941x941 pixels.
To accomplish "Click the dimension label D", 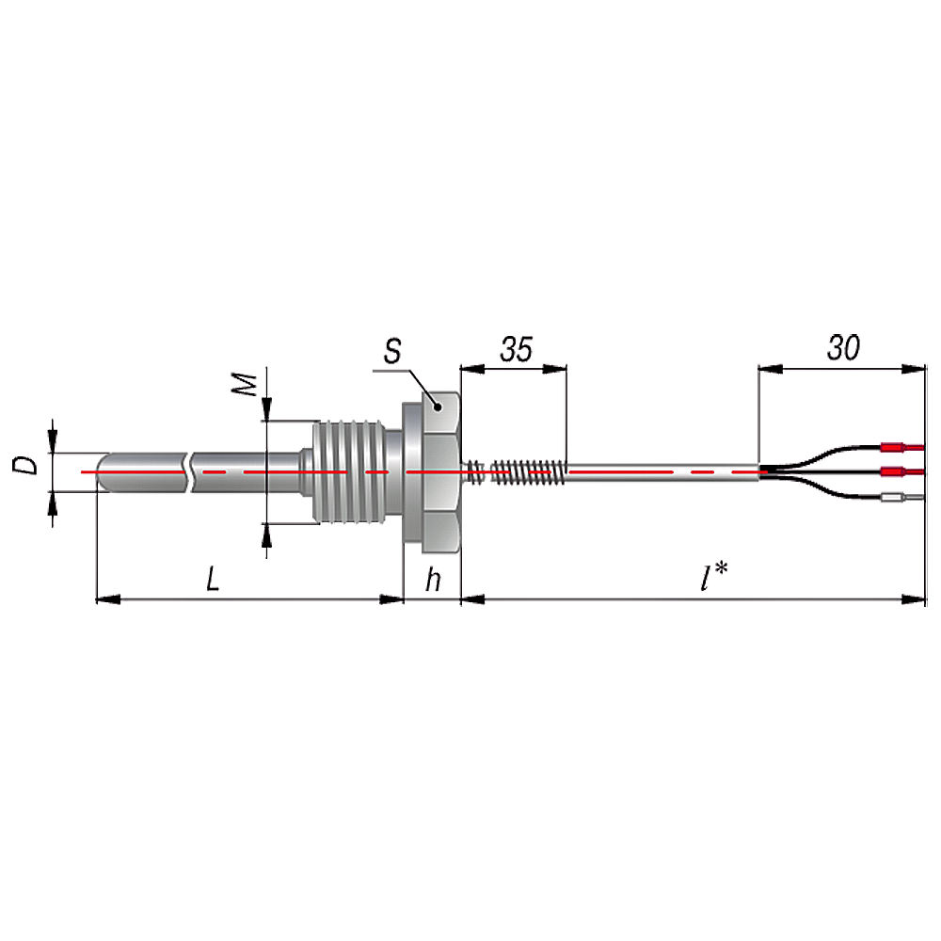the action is (x=25, y=465).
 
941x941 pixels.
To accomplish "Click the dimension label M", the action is (x=245, y=385).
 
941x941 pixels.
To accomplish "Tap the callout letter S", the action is (x=392, y=351).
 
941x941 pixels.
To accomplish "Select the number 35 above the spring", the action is (x=516, y=349).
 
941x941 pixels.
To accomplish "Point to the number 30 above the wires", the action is (x=843, y=348).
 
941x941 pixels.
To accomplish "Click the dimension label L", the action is (x=213, y=580).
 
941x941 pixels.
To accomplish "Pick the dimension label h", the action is (x=433, y=580).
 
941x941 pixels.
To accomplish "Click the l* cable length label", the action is (x=714, y=577).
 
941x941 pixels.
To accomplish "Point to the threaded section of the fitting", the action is (x=349, y=471).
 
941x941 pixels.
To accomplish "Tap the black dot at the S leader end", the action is (x=438, y=407).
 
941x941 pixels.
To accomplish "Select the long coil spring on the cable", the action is (x=529, y=471).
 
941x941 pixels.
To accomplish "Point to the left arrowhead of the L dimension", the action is (x=108, y=598).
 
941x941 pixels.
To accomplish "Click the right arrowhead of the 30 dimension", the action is (x=914, y=369).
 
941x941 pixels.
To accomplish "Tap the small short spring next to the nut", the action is (x=475, y=471).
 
